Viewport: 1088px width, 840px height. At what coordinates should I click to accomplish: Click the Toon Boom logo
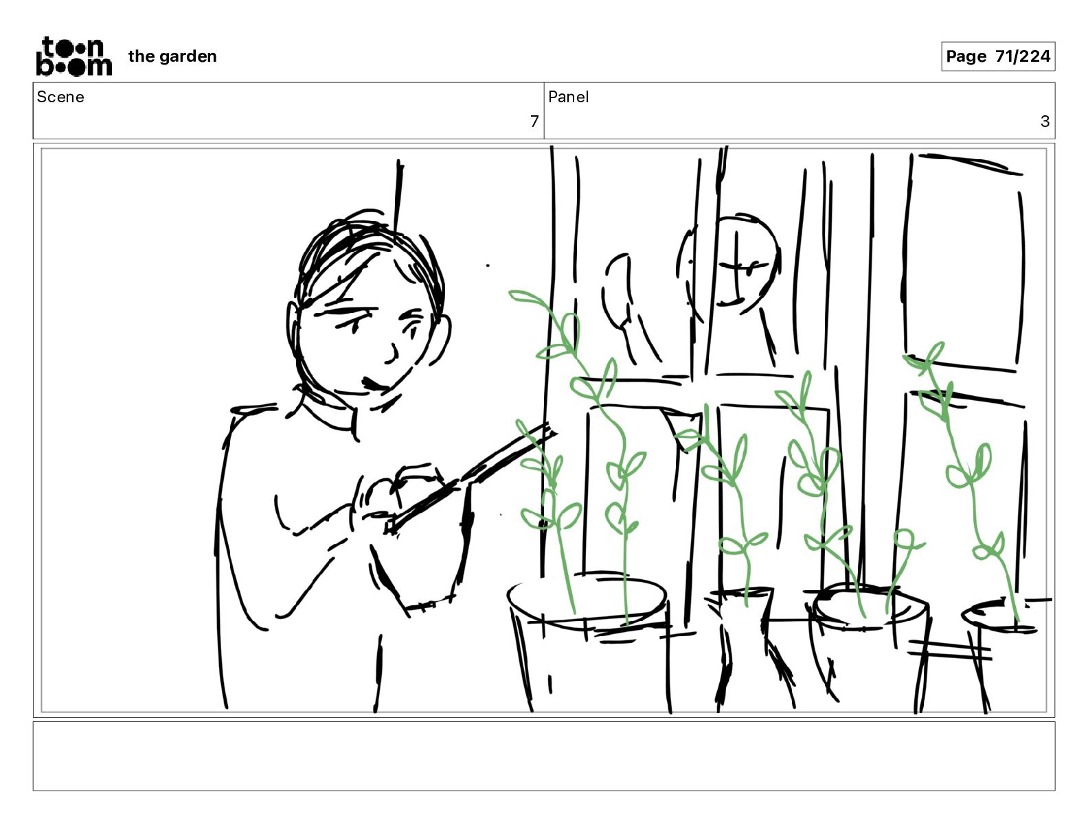pos(74,56)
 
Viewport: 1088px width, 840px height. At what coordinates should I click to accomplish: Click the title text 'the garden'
pos(172,56)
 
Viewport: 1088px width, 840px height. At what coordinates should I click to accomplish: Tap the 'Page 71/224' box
pos(998,56)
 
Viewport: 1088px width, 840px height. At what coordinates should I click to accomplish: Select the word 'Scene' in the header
pos(60,97)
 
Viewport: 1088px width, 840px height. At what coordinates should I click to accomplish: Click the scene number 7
pos(534,121)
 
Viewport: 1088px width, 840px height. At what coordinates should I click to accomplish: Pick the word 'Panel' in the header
pos(568,97)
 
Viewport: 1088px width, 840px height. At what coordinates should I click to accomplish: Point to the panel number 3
pos(1045,121)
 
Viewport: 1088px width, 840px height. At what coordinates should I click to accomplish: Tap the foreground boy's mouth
pos(374,384)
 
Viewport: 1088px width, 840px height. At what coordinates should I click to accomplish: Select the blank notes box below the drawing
pos(544,756)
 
